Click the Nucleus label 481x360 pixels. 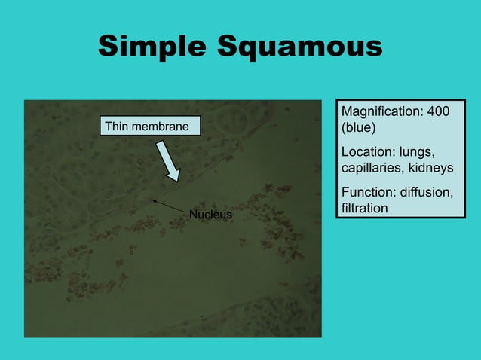coord(210,215)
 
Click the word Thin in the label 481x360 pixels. coord(118,126)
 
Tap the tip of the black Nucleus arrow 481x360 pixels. coord(152,200)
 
